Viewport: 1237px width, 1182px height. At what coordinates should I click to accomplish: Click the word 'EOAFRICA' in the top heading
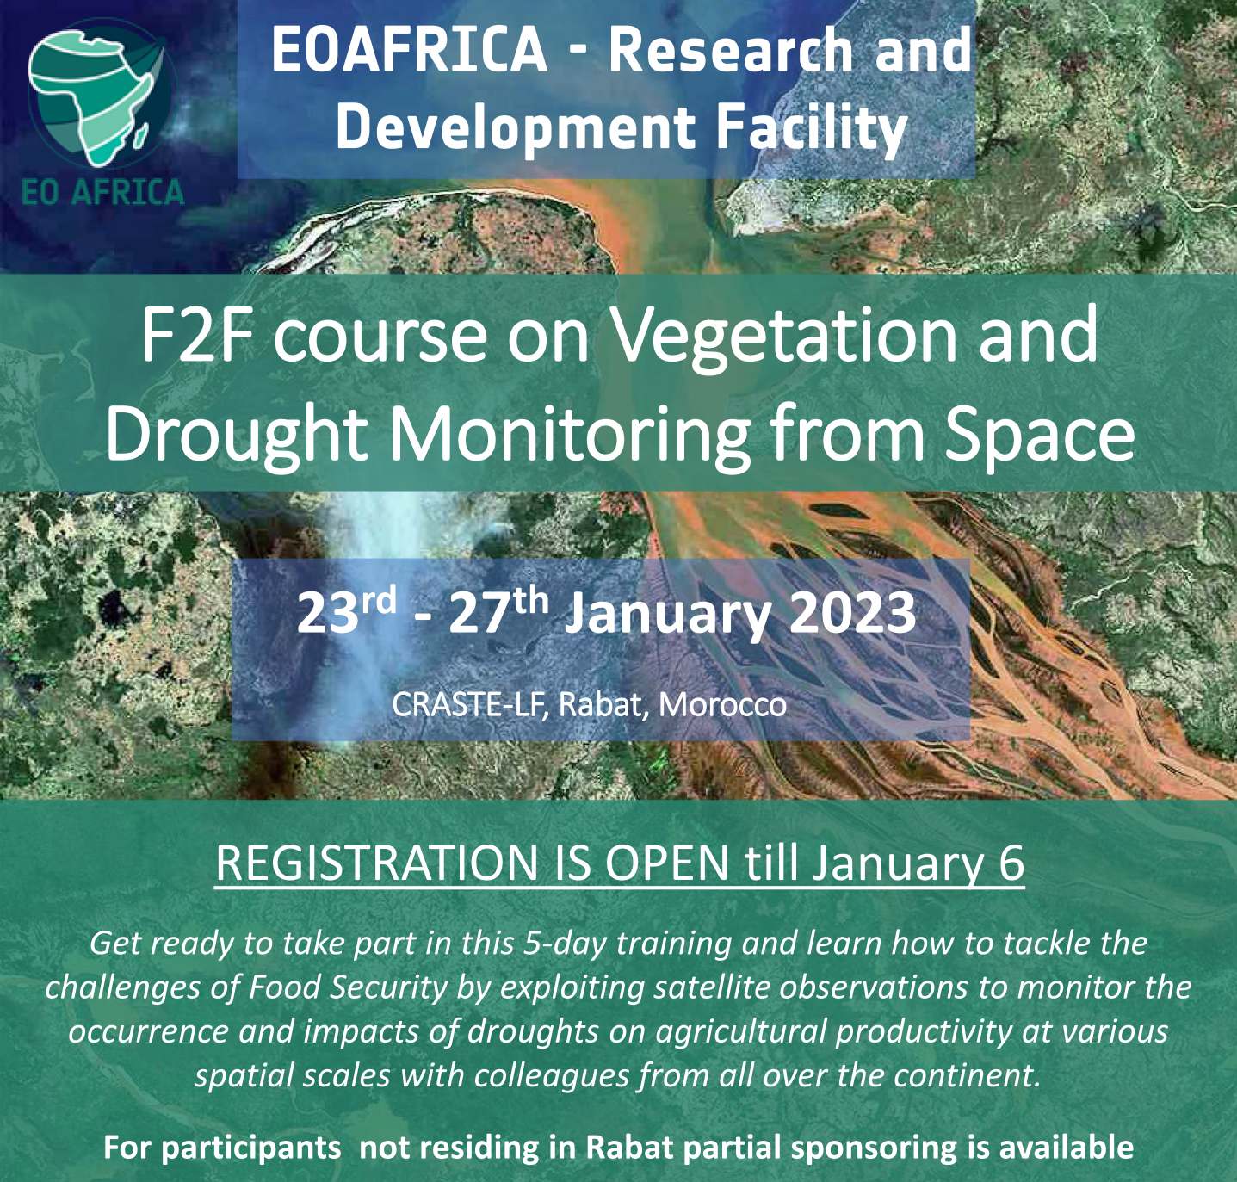(x=409, y=50)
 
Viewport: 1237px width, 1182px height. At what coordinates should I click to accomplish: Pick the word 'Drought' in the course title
(x=235, y=434)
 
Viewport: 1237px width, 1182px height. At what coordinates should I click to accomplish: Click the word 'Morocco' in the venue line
(x=723, y=705)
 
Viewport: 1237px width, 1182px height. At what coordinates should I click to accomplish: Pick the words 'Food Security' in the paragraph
(x=349, y=988)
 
